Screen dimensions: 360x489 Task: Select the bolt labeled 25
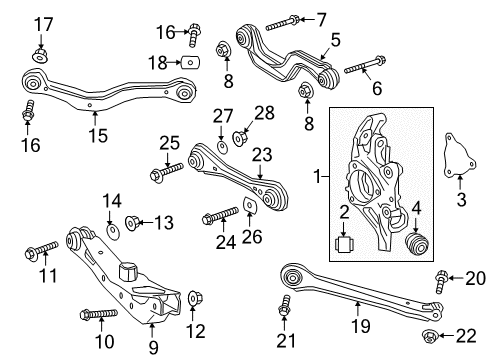[x=160, y=175]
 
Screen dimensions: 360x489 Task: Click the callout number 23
[x=262, y=153]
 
